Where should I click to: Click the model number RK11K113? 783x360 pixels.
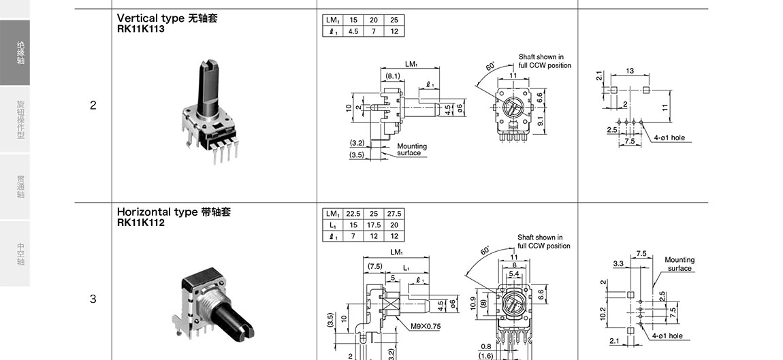[x=140, y=29]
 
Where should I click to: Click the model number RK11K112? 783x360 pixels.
[x=140, y=223]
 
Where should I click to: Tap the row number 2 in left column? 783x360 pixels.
[x=93, y=105]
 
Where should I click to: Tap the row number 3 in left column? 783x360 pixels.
[x=93, y=299]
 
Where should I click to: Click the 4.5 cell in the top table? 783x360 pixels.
[x=353, y=31]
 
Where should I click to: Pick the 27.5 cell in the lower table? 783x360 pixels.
[x=394, y=214]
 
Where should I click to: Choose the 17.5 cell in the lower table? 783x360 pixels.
[x=374, y=225]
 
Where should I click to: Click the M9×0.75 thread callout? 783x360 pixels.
[x=426, y=326]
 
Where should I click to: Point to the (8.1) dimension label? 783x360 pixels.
[x=392, y=76]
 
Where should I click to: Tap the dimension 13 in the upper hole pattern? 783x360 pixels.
[x=630, y=71]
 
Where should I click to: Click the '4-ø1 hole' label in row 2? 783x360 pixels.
[x=669, y=137]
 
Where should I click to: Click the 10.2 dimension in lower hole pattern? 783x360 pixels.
[x=603, y=312]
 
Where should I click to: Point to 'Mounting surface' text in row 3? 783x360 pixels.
[x=680, y=264]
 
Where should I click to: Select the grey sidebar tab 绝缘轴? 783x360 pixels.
[x=20, y=53]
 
